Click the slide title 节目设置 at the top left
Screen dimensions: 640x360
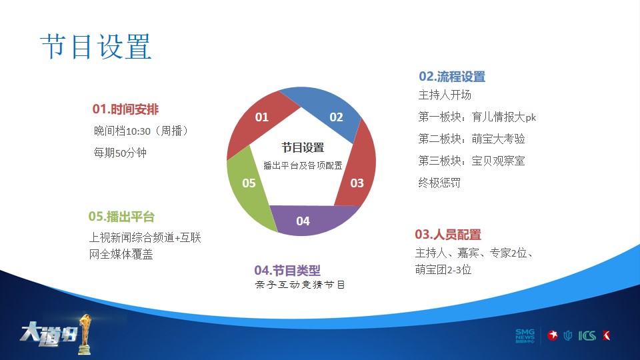point(96,47)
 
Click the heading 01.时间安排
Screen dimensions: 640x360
point(125,109)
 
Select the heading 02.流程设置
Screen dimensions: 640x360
point(452,76)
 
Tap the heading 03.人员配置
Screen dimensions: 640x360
point(448,234)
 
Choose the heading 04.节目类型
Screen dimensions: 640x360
point(287,270)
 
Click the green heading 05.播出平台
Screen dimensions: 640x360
point(121,216)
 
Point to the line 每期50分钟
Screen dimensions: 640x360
point(120,153)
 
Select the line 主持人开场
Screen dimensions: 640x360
point(445,95)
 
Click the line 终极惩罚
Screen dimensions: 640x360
point(439,183)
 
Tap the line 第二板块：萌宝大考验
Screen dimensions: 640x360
point(471,139)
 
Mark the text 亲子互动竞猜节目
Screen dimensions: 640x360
point(300,285)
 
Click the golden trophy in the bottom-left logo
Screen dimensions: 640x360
point(85,334)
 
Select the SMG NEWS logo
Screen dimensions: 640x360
point(525,335)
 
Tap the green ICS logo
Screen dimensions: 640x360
point(587,335)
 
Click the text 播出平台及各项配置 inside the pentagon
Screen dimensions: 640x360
point(303,165)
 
